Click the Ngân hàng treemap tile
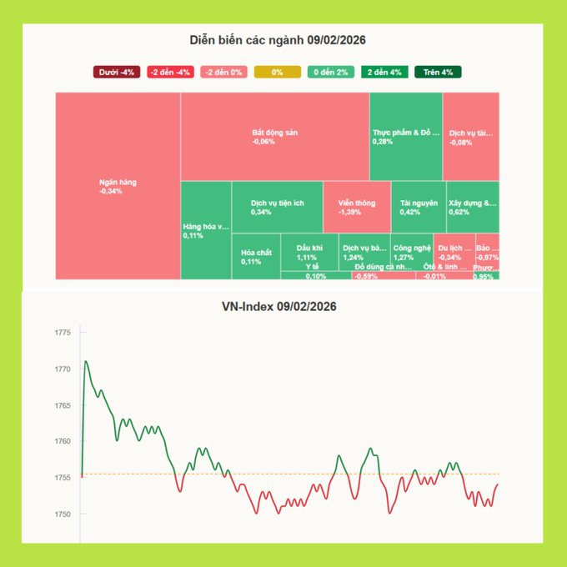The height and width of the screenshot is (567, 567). (118, 186)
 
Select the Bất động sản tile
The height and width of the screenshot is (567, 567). (275, 137)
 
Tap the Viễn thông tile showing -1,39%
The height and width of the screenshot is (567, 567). (356, 207)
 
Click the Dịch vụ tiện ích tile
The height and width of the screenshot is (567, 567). (277, 207)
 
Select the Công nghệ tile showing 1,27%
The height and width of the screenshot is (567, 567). (412, 252)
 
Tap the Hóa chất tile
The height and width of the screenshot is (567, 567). (255, 257)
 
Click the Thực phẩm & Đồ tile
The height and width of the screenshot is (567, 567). (405, 137)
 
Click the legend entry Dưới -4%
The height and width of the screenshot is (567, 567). (117, 73)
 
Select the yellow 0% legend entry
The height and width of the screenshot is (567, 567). (277, 73)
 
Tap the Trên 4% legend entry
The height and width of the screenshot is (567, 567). (437, 73)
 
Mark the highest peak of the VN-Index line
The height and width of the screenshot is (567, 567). (86, 362)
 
